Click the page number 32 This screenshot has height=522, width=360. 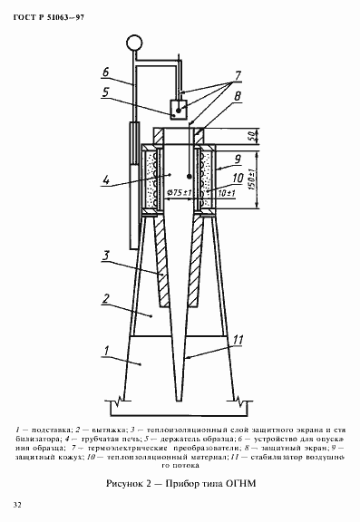click(x=18, y=503)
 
